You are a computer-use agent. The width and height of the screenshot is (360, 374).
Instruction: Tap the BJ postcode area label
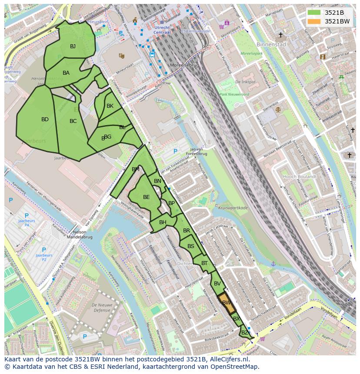(x=73, y=46)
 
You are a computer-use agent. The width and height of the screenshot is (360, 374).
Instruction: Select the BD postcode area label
(x=45, y=119)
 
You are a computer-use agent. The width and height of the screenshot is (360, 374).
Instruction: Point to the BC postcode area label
(x=73, y=121)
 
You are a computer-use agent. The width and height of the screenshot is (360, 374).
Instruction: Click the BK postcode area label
(x=110, y=106)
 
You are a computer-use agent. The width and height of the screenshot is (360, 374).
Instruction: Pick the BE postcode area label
(x=147, y=197)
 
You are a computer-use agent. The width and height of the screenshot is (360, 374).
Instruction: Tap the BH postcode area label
(x=163, y=222)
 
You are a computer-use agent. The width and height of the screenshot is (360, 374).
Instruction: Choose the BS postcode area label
(x=191, y=246)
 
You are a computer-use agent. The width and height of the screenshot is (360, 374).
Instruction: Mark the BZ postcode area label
(x=245, y=333)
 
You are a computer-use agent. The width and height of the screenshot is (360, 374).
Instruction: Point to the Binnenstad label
(x=271, y=44)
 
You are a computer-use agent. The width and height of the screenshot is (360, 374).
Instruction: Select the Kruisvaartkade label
(x=233, y=208)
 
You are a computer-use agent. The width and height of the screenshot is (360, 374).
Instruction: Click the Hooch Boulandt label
(x=300, y=177)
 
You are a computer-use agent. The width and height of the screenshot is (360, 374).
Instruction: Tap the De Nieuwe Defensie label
(x=102, y=308)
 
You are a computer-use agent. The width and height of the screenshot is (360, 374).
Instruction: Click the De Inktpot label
(x=245, y=82)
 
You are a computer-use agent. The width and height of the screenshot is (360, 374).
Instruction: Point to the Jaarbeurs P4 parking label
(x=27, y=223)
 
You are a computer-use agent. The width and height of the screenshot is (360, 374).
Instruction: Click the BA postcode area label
(x=66, y=73)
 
